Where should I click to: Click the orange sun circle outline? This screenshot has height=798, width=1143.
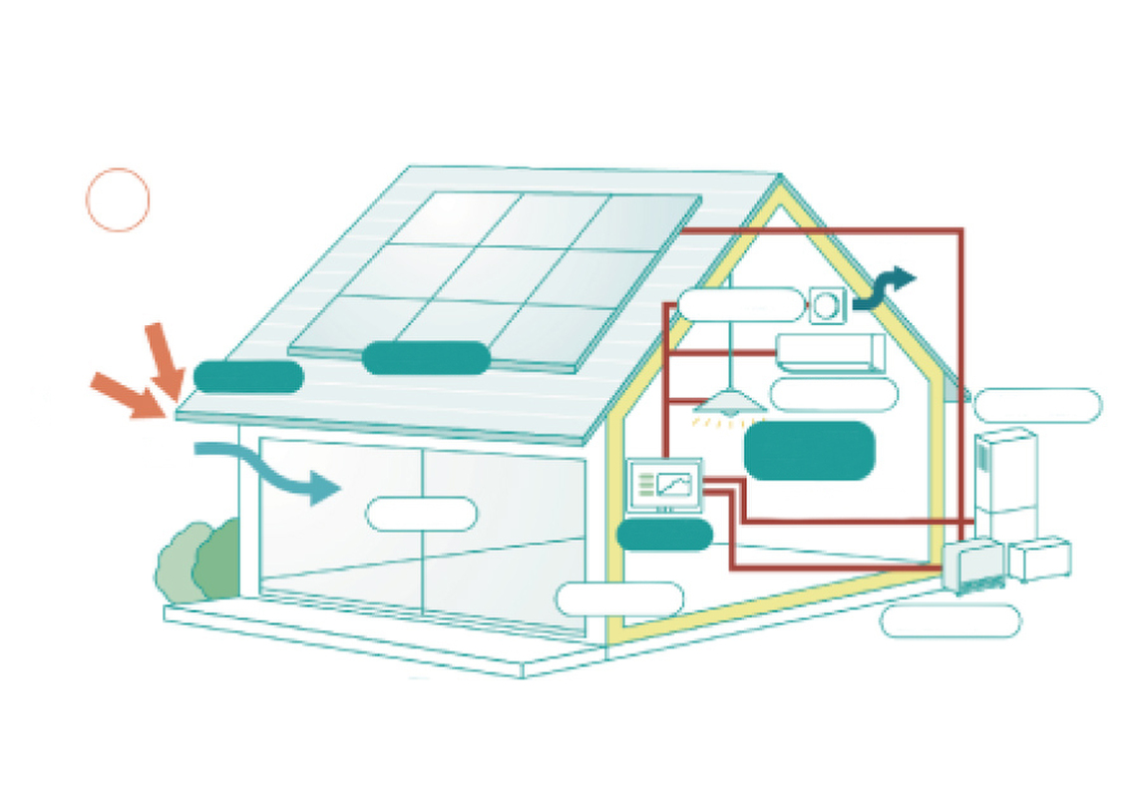click(x=118, y=200)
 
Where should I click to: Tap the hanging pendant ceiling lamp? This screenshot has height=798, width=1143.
click(x=730, y=403)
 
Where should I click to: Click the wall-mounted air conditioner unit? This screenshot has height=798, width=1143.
click(x=830, y=352)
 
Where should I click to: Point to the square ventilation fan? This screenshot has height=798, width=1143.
click(x=827, y=305)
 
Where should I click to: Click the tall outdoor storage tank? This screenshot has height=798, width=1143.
click(x=1005, y=484)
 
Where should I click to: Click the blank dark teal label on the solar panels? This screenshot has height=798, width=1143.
click(x=426, y=358)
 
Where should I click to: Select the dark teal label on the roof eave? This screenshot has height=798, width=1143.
click(x=248, y=377)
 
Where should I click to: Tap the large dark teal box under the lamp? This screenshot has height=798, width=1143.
click(x=810, y=450)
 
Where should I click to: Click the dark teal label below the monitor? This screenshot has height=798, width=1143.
click(x=664, y=535)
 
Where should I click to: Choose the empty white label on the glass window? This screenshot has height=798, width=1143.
click(x=421, y=514)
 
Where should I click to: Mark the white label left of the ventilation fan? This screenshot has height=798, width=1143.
click(x=740, y=304)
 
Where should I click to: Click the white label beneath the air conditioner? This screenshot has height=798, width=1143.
click(x=834, y=395)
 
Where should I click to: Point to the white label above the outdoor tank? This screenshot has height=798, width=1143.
click(x=1037, y=405)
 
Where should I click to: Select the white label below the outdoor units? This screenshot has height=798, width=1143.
click(x=951, y=620)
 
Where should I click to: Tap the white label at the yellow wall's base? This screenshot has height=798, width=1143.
click(x=619, y=598)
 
